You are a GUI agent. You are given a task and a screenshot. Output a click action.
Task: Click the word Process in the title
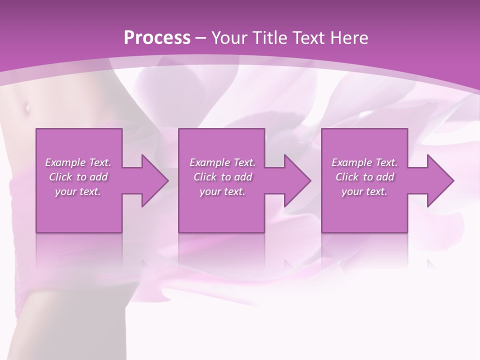pos(156,37)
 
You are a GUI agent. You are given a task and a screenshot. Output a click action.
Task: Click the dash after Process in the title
pos(201,38)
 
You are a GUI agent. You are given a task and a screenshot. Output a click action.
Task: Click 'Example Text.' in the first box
pos(78,162)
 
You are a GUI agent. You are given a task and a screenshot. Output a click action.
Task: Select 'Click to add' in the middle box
pos(222,177)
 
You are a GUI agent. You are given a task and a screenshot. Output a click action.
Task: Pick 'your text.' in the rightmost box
pos(364,191)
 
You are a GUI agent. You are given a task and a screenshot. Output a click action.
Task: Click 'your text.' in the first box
pos(78,191)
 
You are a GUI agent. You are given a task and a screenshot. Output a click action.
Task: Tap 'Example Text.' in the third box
pos(364,162)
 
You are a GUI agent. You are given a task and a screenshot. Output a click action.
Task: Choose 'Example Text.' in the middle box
pos(222,162)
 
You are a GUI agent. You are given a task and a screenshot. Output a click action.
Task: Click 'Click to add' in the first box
pos(78,177)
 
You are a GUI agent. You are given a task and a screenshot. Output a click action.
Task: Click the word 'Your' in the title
pos(229,37)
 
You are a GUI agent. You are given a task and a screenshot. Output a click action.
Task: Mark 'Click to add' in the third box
pos(364,177)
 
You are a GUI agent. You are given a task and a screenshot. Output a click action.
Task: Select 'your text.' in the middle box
pos(222,191)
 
